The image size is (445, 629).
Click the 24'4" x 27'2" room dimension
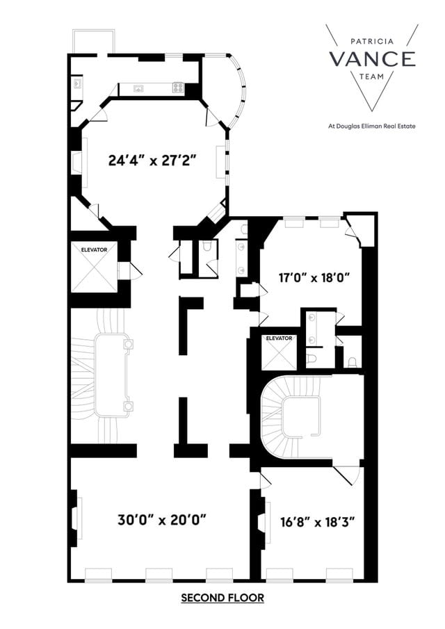pyautogui.click(x=152, y=159)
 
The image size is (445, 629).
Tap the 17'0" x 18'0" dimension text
pyautogui.click(x=309, y=277)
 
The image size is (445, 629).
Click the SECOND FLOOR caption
pyautogui.click(x=222, y=598)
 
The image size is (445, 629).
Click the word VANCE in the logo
pyautogui.click(x=372, y=59)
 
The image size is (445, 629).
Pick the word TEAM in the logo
pyautogui.click(x=372, y=79)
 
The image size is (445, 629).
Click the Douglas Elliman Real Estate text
pyautogui.click(x=371, y=126)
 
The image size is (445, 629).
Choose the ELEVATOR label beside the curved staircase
pyautogui.click(x=278, y=338)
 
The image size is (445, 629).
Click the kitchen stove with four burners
pyautogui.click(x=178, y=88)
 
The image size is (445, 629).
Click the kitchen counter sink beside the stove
pyautogui.click(x=139, y=88)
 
